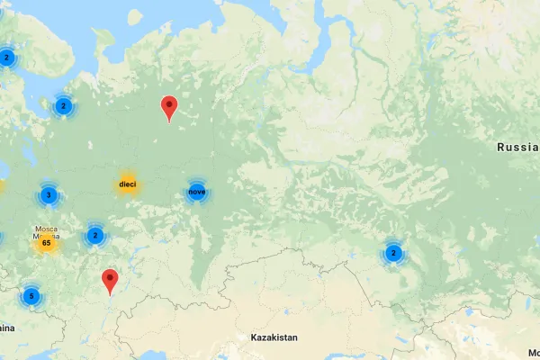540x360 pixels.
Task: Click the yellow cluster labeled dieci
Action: tap(127, 184)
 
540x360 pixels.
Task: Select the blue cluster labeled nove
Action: tap(196, 192)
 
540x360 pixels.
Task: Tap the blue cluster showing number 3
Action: tap(48, 194)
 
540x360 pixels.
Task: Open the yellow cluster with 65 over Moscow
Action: tap(45, 243)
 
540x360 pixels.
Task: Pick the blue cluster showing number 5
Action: tap(31, 295)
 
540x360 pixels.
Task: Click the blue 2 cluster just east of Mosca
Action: tap(94, 236)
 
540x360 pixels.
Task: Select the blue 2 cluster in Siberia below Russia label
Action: tap(393, 254)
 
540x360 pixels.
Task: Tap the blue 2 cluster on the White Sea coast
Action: tap(63, 106)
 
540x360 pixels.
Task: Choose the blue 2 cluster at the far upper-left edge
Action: tap(6, 58)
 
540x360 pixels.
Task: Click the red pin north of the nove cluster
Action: tap(168, 108)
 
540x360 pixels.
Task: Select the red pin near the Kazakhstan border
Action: tap(110, 282)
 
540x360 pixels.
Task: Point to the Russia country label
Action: tap(517, 147)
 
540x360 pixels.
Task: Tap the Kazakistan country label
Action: tap(274, 337)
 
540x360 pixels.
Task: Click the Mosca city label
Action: tap(47, 229)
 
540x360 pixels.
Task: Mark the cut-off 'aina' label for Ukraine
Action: tap(7, 328)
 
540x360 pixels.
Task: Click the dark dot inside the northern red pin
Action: tap(168, 103)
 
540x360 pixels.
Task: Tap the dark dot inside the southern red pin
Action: tap(110, 277)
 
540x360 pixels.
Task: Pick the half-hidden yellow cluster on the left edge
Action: tap(2, 187)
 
